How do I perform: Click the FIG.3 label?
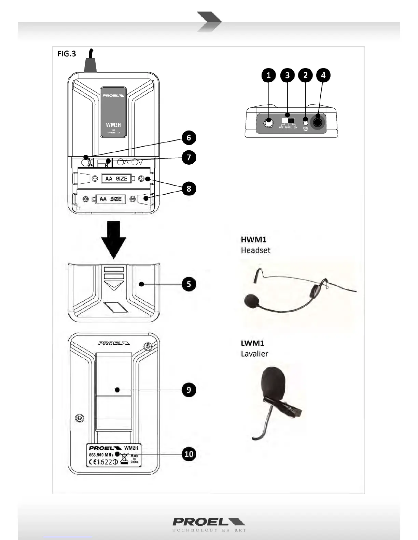[x=67, y=54]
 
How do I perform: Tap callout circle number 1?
[x=269, y=75]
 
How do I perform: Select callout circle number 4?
[x=323, y=75]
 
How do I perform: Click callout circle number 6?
[x=189, y=138]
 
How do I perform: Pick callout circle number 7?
[x=189, y=157]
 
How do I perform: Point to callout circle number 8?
[x=189, y=189]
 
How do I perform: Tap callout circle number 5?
[x=189, y=284]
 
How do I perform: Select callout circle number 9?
[x=189, y=389]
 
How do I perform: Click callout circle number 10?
[x=189, y=454]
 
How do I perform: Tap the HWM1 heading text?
[x=254, y=239]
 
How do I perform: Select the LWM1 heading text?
[x=253, y=343]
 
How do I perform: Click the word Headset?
[x=255, y=250]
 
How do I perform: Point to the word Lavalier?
[x=254, y=354]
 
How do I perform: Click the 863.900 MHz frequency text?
[x=101, y=455]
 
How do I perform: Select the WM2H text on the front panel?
[x=113, y=125]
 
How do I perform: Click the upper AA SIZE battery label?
[x=116, y=178]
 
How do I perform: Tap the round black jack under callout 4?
[x=318, y=122]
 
